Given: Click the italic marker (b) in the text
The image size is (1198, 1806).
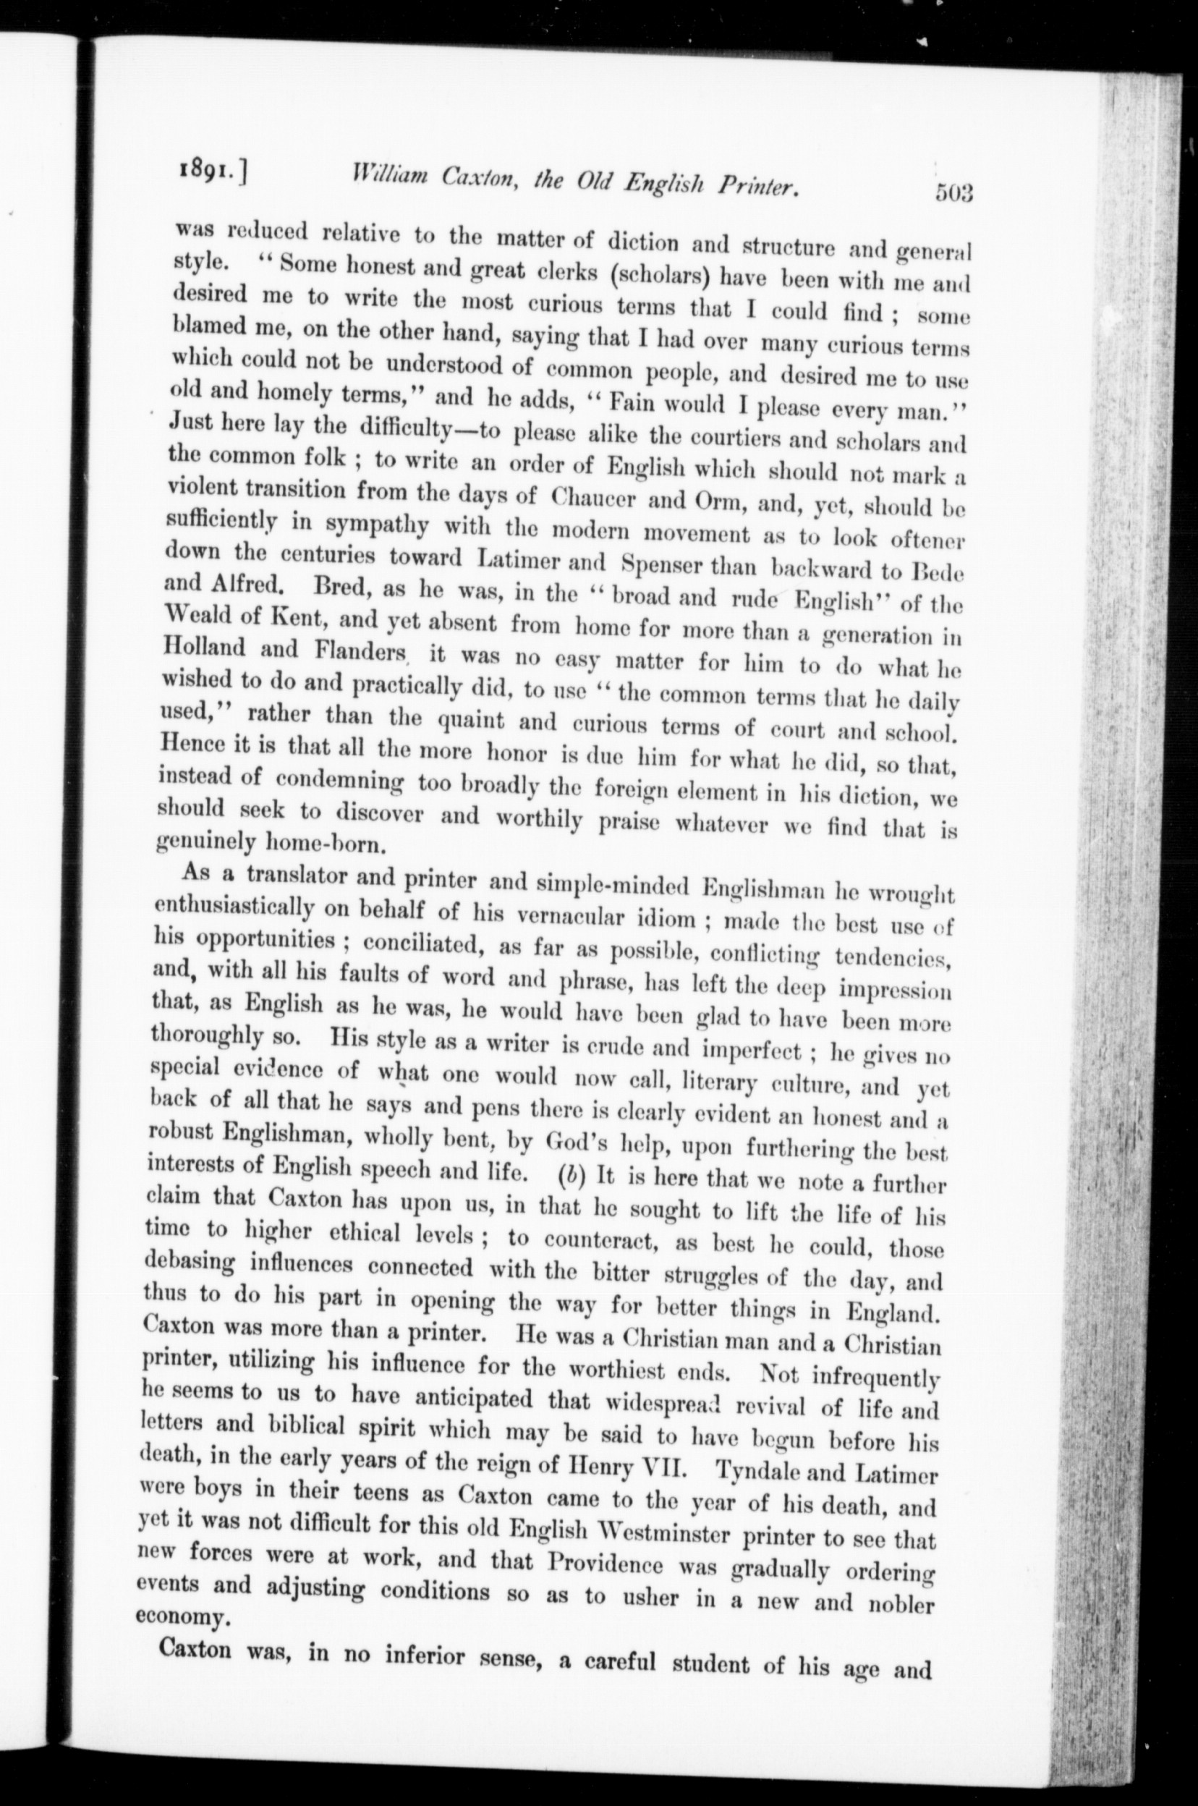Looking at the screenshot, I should click(x=571, y=1177).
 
